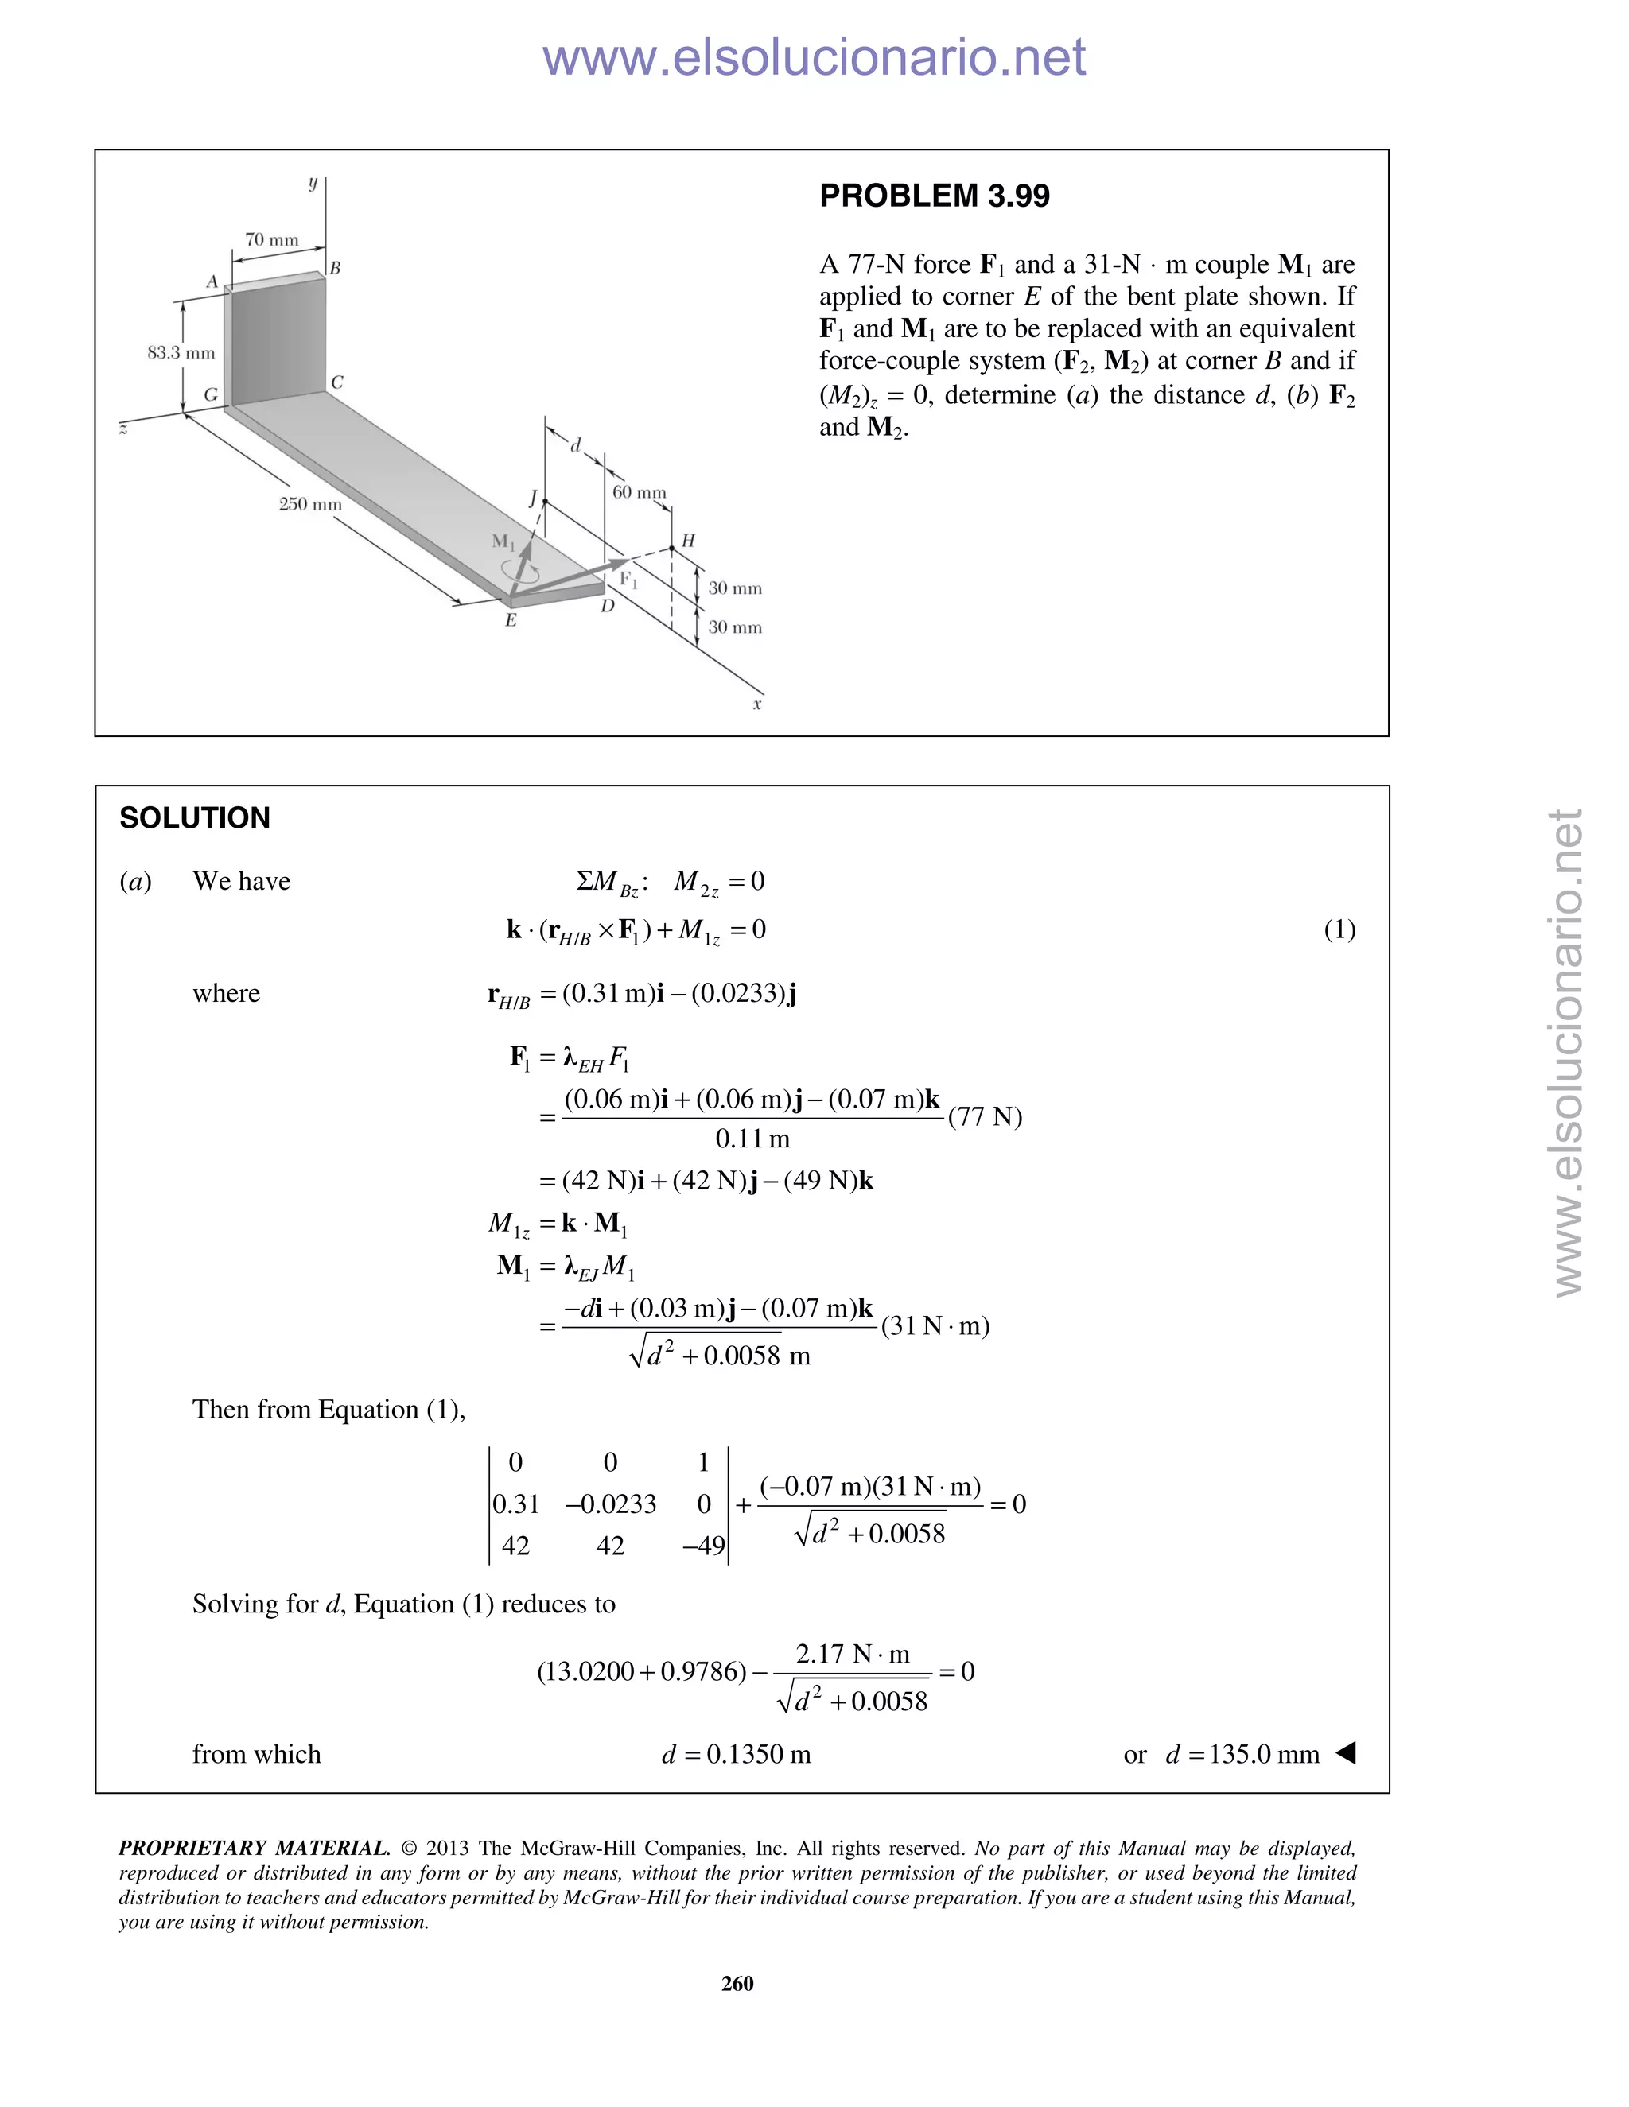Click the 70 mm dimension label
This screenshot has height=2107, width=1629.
pyautogui.click(x=271, y=239)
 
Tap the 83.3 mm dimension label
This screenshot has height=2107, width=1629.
pyautogui.click(x=181, y=352)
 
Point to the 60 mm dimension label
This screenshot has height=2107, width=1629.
pyautogui.click(x=639, y=492)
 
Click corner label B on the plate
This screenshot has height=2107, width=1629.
pyautogui.click(x=335, y=268)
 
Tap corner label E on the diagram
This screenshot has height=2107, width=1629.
pyautogui.click(x=511, y=620)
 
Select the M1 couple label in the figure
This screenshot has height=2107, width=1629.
pyautogui.click(x=503, y=541)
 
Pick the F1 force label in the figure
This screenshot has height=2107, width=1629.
pyautogui.click(x=628, y=580)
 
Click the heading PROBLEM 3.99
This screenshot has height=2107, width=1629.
pyautogui.click(x=933, y=196)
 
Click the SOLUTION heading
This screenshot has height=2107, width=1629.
pyautogui.click(x=195, y=818)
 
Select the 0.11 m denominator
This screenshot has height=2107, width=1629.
pyautogui.click(x=752, y=1139)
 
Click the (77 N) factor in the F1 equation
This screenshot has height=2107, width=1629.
pyautogui.click(x=985, y=1116)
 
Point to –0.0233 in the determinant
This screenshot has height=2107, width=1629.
pyautogui.click(x=610, y=1504)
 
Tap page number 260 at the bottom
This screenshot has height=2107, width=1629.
pyautogui.click(x=737, y=1984)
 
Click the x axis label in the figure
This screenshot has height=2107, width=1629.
pyautogui.click(x=757, y=705)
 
